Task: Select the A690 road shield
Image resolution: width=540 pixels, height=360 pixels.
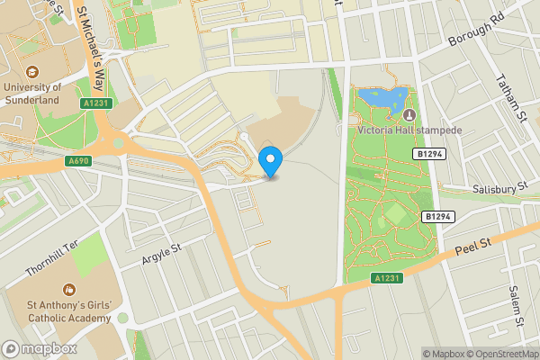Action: point(78,161)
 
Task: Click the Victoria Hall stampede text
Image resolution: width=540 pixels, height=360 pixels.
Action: point(409,130)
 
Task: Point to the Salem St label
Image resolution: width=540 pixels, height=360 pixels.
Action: point(514,305)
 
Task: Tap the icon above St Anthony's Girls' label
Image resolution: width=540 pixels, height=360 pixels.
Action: point(68,290)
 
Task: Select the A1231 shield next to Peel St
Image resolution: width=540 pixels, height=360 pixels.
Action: point(384,281)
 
